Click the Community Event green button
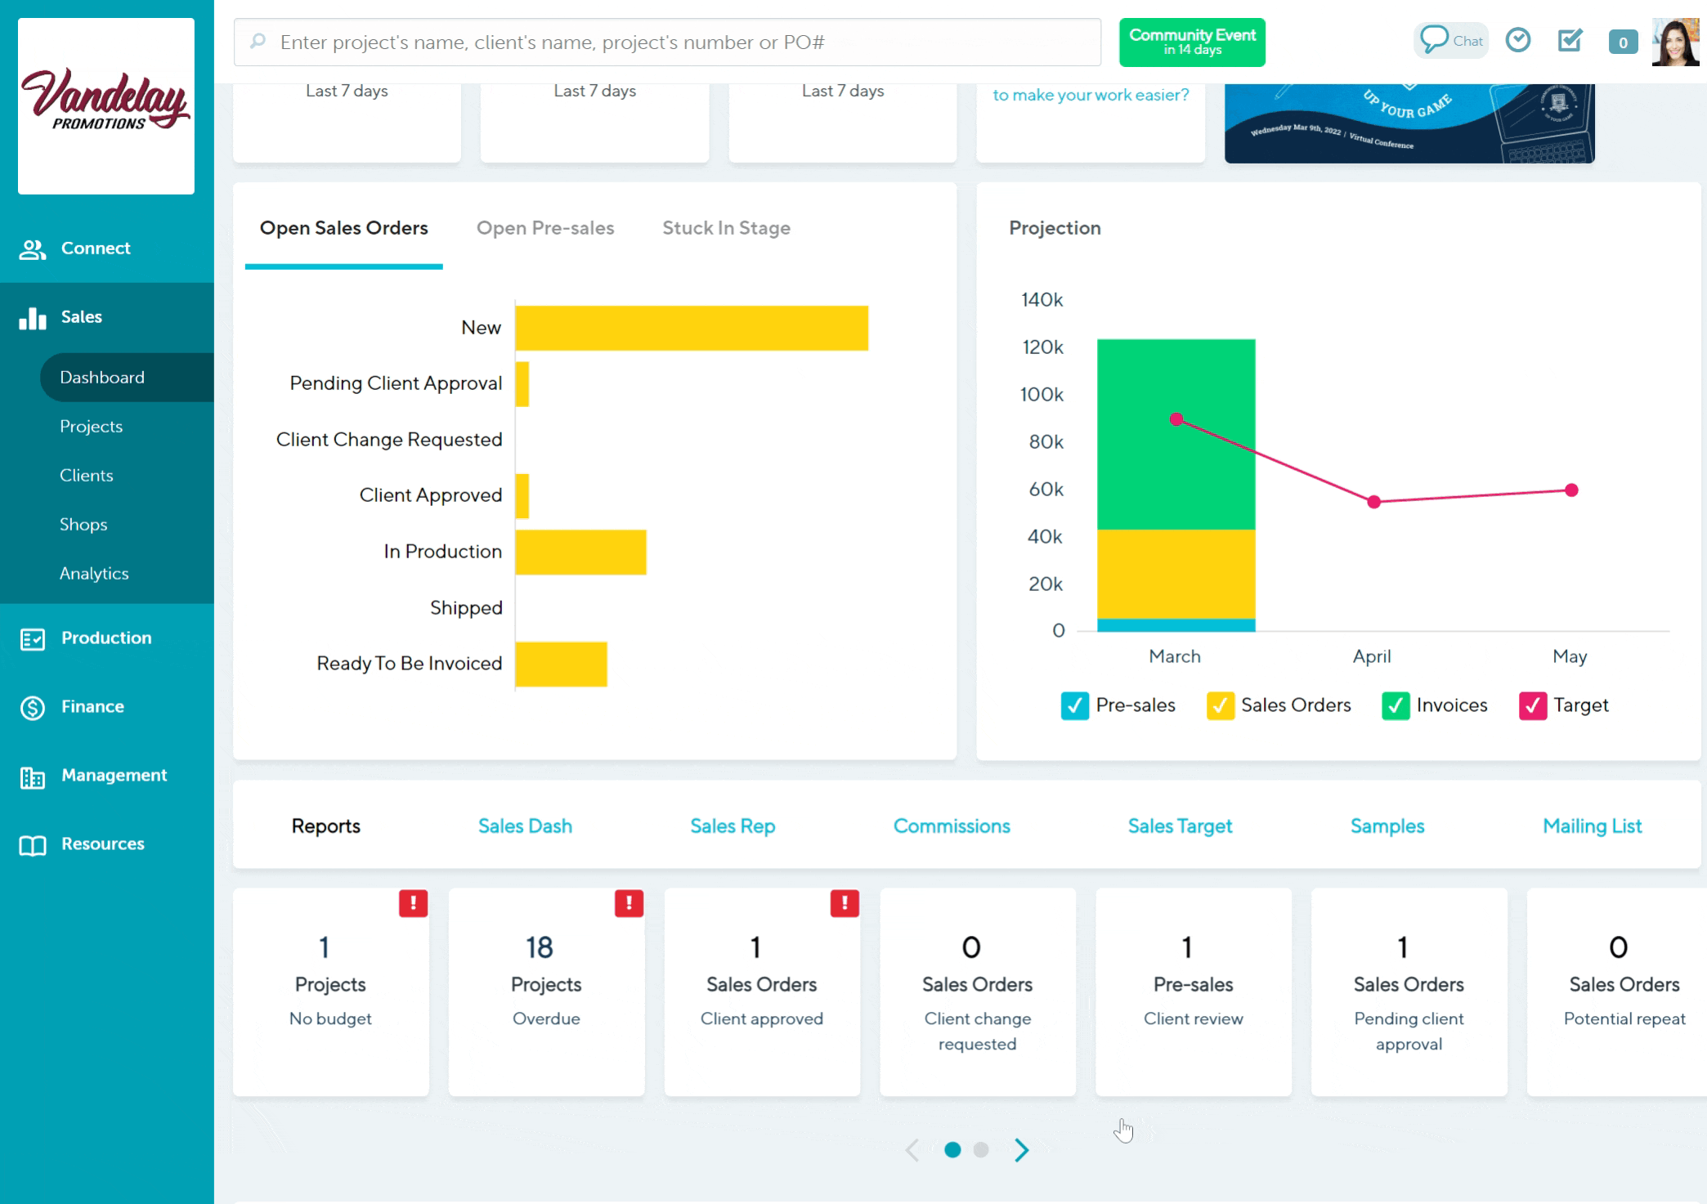click(1192, 42)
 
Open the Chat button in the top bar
click(1451, 41)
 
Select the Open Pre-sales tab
click(545, 228)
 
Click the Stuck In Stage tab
click(726, 228)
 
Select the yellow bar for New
click(692, 329)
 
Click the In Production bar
click(580, 553)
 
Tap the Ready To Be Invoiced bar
click(561, 665)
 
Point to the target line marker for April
click(1374, 502)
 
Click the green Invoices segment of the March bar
click(1176, 434)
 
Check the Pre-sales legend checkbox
click(1074, 705)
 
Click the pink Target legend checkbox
click(1532, 705)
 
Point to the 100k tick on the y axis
click(1042, 395)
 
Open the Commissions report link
click(952, 826)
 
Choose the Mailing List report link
click(1592, 826)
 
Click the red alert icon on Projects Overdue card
click(629, 903)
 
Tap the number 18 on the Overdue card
click(540, 947)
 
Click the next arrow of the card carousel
click(1021, 1150)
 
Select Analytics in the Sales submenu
click(94, 574)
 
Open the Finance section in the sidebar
click(92, 707)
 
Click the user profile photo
click(1674, 42)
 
